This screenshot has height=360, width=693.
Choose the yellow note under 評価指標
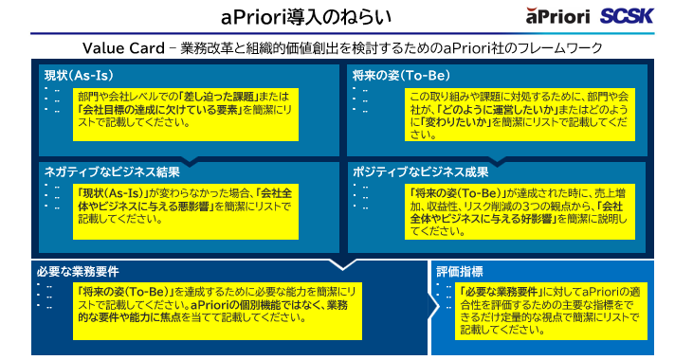pyautogui.click(x=553, y=311)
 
